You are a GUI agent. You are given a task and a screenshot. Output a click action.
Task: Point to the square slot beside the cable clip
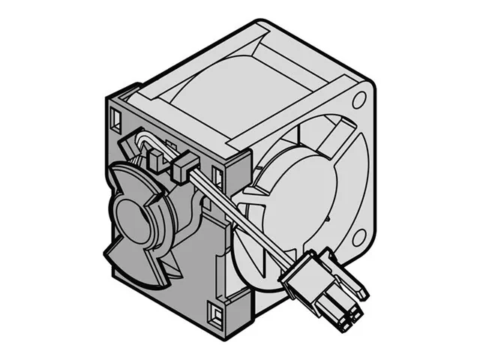coord(217,177)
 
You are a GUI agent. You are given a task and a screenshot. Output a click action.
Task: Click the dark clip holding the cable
coord(182,168)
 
